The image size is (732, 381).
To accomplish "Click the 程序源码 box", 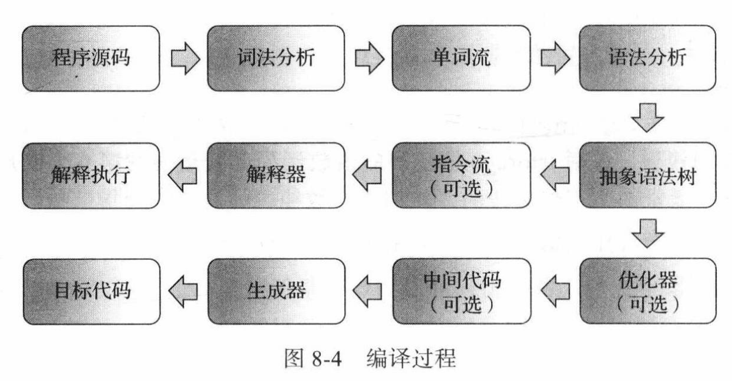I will (x=90, y=58).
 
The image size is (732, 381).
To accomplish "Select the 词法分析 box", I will (x=276, y=58).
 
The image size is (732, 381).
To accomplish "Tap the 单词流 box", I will (x=462, y=58).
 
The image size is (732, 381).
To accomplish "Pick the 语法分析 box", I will (x=648, y=58).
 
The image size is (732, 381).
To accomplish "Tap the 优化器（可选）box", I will (x=648, y=292).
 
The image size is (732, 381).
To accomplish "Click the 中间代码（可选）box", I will (x=462, y=292).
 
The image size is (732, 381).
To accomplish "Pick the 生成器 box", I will (x=276, y=292).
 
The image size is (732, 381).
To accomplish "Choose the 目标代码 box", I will (x=90, y=292).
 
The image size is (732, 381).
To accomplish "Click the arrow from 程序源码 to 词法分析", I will (x=183, y=59).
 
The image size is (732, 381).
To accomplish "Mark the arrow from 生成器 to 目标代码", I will (x=183, y=292).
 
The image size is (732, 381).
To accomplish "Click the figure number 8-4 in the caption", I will (x=327, y=359).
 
